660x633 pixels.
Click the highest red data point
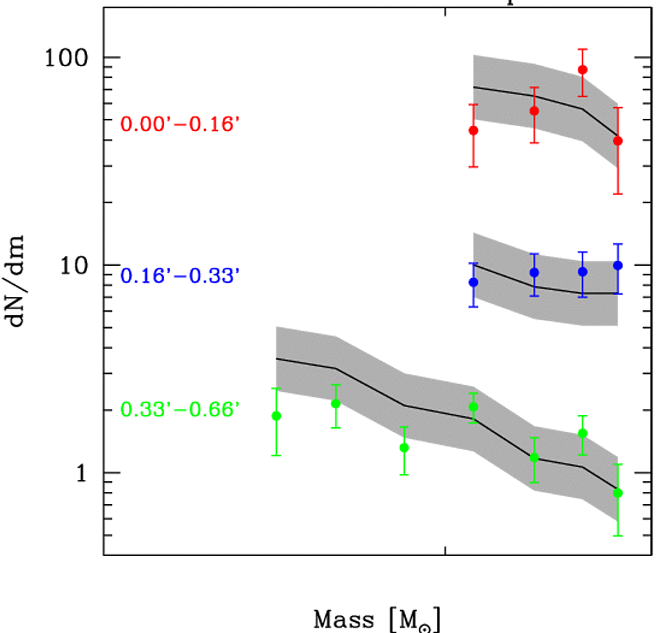(582, 70)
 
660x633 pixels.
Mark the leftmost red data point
(474, 130)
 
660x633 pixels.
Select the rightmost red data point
(617, 140)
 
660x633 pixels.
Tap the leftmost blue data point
(474, 282)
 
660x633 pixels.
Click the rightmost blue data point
(617, 265)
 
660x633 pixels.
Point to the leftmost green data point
(276, 416)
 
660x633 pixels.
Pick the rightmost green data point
(617, 493)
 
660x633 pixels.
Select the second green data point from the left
(335, 404)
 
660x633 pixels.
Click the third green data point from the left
(404, 447)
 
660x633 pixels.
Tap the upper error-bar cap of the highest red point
(582, 49)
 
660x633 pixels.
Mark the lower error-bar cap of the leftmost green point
(276, 456)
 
